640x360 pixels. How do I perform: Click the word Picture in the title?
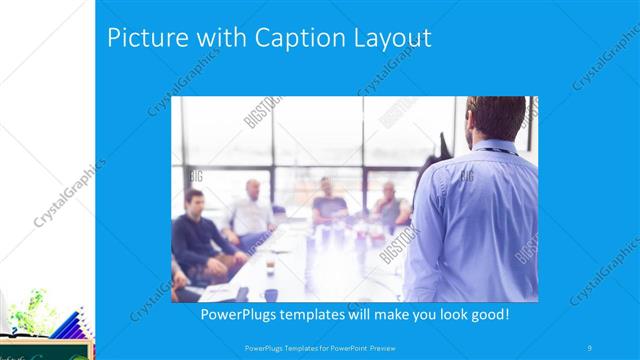click(x=146, y=38)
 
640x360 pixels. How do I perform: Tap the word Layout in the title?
click(x=388, y=38)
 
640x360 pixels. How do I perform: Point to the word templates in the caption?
click(x=321, y=314)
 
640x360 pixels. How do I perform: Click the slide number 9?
click(x=591, y=347)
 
